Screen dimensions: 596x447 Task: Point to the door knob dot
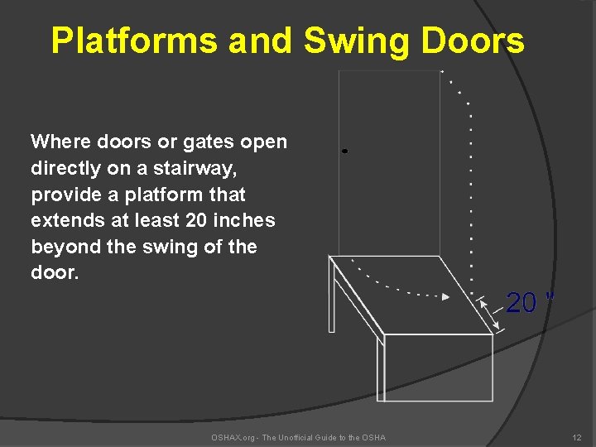pos(344,151)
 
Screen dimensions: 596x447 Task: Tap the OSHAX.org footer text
pos(298,437)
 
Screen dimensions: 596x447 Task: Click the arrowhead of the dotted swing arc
pos(446,296)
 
